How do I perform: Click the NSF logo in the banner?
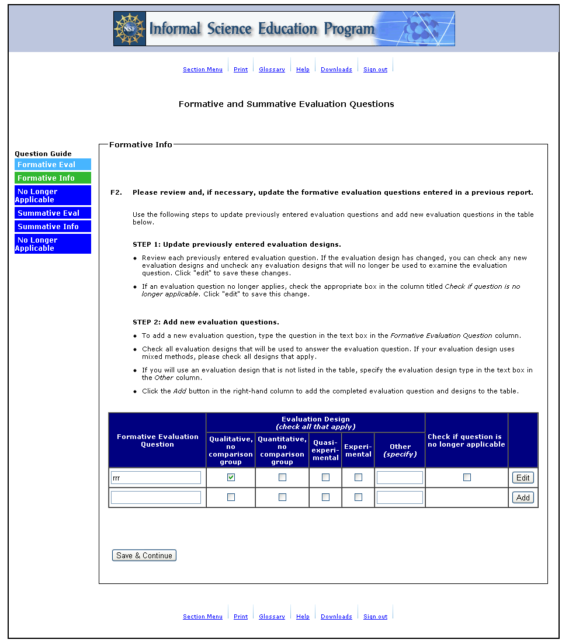[130, 29]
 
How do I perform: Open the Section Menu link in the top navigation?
[202, 70]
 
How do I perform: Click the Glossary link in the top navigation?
[272, 70]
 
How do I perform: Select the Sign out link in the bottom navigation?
[375, 617]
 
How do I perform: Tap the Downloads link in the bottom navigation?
[336, 617]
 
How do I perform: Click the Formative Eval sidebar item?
[53, 165]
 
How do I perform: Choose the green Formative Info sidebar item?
[53, 178]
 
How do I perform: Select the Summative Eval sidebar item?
[53, 213]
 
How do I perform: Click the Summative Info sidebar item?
[53, 227]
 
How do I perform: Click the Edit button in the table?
[523, 478]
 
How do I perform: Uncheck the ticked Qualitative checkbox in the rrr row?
[231, 478]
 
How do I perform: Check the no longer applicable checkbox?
[467, 478]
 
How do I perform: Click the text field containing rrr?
[156, 478]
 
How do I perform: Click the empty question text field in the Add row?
[156, 497]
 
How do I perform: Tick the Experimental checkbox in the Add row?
[358, 497]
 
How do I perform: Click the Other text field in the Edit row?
[400, 478]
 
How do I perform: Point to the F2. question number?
[116, 192]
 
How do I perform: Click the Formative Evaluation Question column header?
[157, 441]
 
